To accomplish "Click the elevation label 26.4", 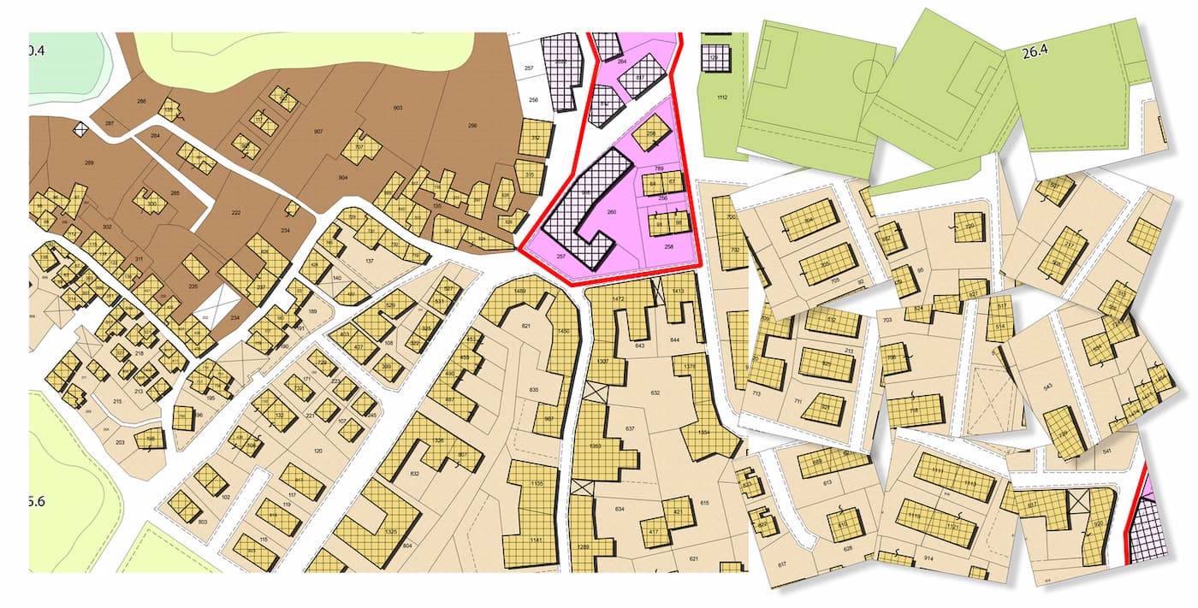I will (x=1035, y=52).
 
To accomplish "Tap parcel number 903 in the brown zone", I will (x=398, y=108).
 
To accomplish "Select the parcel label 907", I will (x=318, y=131).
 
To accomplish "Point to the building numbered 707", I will (x=360, y=147).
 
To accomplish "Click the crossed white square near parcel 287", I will (x=81, y=130).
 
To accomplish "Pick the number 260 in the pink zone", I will (x=611, y=211).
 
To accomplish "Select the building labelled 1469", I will (x=519, y=293).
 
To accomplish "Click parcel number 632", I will (x=655, y=393).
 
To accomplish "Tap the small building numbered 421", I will (x=678, y=513).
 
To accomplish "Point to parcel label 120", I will (x=318, y=451).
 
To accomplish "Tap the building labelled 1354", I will (x=703, y=433).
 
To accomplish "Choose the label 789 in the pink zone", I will (x=659, y=169).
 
